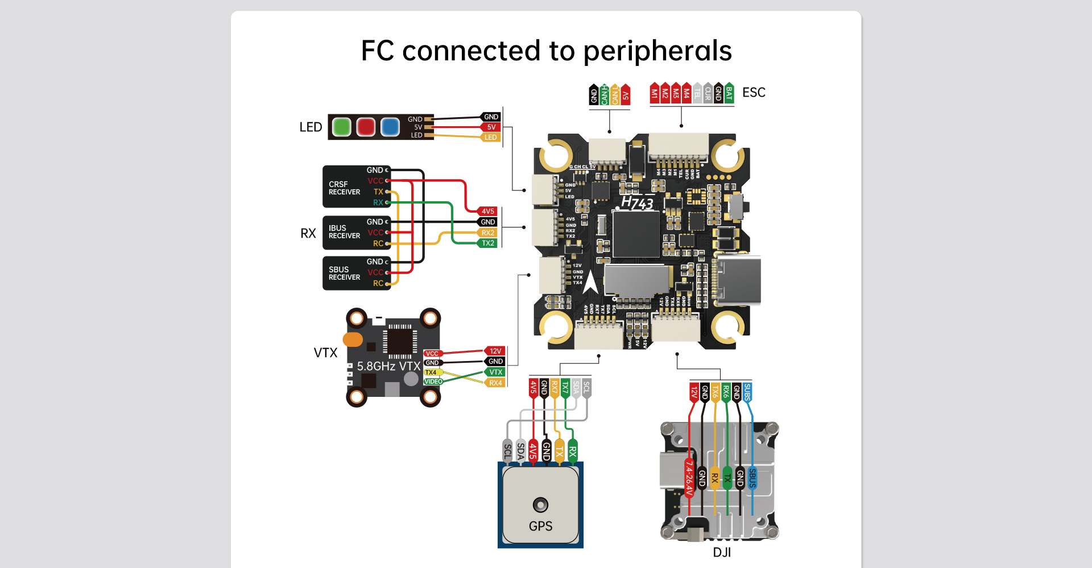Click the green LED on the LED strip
(x=341, y=127)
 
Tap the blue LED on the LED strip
(x=390, y=127)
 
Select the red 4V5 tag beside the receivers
(x=487, y=211)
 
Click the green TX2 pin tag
(x=487, y=243)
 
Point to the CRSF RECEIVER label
(x=344, y=188)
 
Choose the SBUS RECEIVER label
(x=344, y=273)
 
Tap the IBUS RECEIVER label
(x=344, y=232)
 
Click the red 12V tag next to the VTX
(x=495, y=351)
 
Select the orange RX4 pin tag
(x=495, y=383)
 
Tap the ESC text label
(x=754, y=93)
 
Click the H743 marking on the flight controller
(x=637, y=202)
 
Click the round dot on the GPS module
(x=540, y=504)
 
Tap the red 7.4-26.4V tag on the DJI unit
(x=689, y=478)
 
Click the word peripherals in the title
(x=657, y=51)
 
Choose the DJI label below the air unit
(x=722, y=553)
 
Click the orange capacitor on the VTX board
(x=353, y=339)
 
